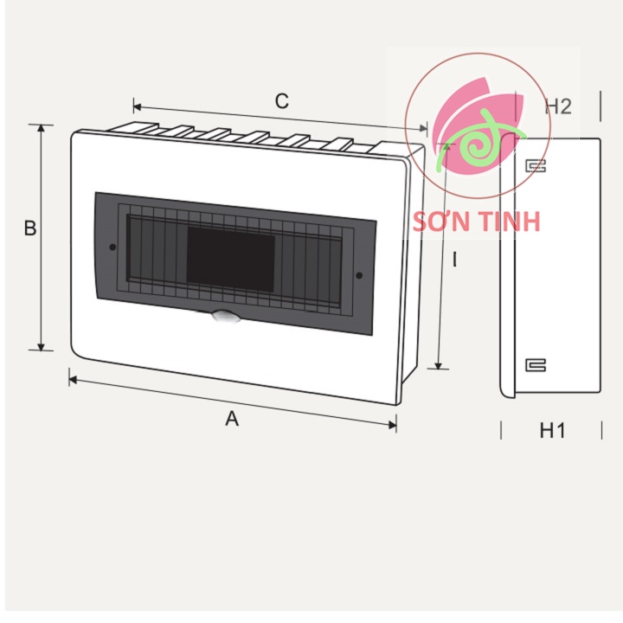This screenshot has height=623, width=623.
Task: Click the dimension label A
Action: (232, 419)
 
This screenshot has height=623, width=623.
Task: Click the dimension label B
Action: (30, 229)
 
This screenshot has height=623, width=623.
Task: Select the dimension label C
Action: (281, 101)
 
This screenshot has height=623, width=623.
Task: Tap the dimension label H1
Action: (552, 430)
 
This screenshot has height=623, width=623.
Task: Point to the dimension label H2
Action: (558, 106)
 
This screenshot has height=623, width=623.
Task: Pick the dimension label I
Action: (453, 259)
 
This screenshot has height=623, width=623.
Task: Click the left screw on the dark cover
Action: (113, 248)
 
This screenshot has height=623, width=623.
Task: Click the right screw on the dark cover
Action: (358, 276)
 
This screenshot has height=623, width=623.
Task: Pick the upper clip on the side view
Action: (536, 166)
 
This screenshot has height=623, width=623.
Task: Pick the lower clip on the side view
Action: (536, 365)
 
